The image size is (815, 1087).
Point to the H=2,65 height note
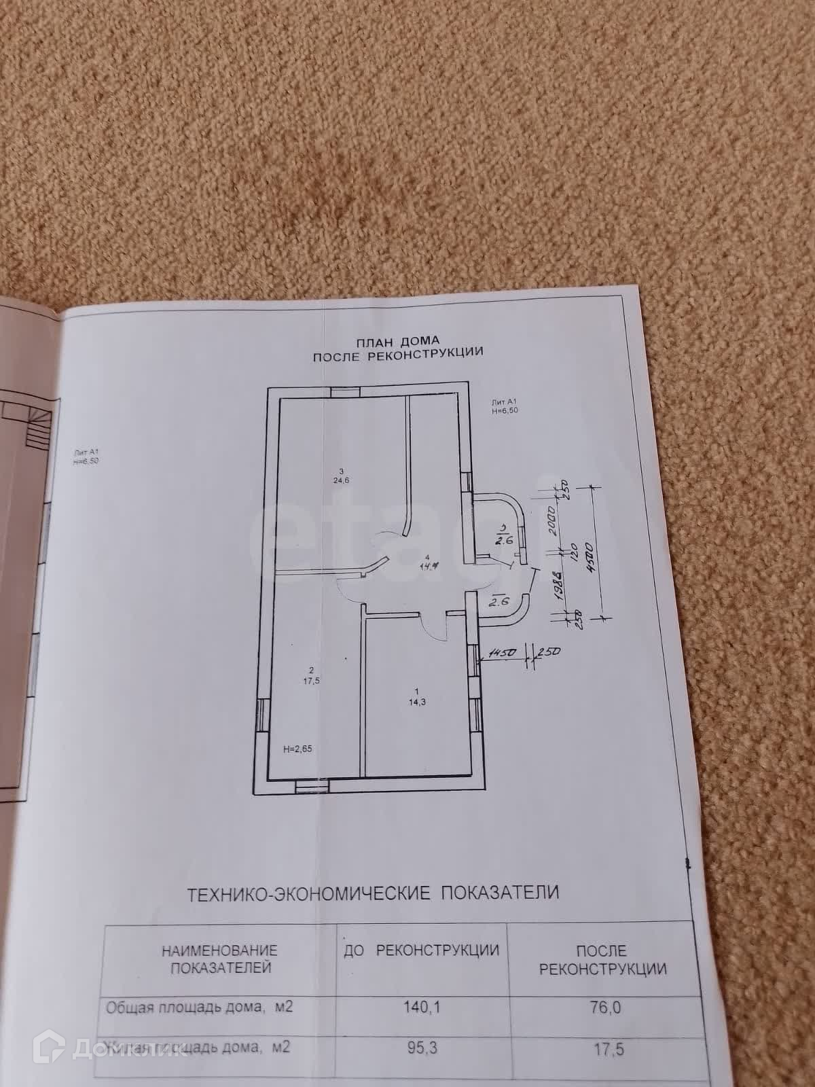tap(297, 749)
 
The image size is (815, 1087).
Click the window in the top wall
tap(344, 392)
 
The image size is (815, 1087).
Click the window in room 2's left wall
tap(263, 715)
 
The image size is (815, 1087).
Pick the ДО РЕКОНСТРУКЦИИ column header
tap(422, 950)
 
